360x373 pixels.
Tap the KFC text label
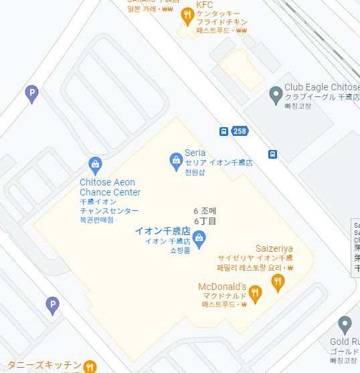coord(204,5)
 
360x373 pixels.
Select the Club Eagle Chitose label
coord(322,87)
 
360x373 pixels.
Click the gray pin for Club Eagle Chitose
coord(275,95)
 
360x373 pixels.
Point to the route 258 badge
coord(240,131)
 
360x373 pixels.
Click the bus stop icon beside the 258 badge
coord(223,131)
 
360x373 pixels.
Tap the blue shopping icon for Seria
coord(175,160)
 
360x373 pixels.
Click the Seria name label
coord(195,153)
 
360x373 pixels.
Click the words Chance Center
coord(110,192)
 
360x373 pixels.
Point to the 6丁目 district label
coord(205,220)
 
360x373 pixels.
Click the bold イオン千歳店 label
coord(163,230)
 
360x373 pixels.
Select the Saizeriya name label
coord(274,248)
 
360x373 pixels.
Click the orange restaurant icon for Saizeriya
coord(278,281)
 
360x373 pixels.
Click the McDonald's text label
coord(223,287)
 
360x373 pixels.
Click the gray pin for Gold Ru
coord(345,325)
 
